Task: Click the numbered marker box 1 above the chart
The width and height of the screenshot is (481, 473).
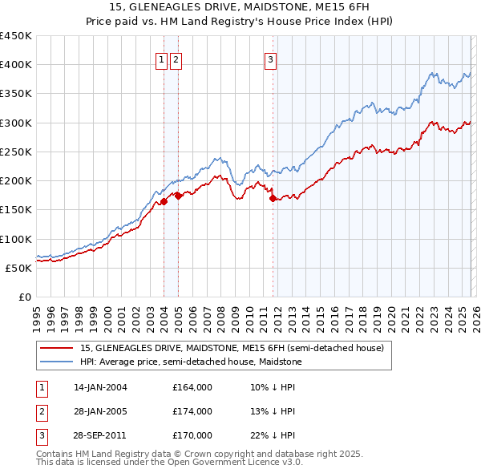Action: click(161, 59)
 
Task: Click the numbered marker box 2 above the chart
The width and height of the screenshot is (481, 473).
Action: click(176, 59)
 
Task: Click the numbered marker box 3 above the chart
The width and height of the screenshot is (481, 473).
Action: click(271, 59)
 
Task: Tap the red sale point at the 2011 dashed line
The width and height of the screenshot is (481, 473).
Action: click(273, 198)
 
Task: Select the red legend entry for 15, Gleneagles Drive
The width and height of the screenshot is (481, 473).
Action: click(232, 348)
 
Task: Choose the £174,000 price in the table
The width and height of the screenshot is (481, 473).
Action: click(192, 411)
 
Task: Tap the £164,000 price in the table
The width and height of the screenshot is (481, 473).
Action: click(192, 387)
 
